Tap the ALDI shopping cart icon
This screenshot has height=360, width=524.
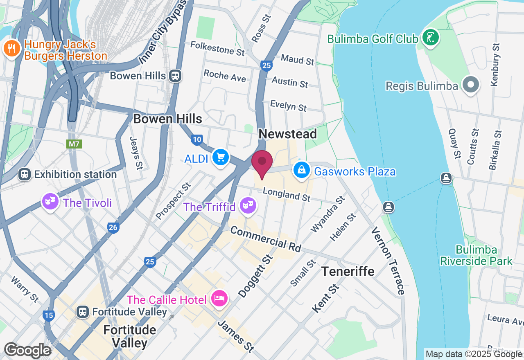tap(221, 157)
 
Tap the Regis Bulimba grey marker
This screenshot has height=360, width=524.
tap(470, 85)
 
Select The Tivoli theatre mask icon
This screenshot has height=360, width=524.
tap(50, 202)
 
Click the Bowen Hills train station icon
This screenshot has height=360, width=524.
tap(176, 76)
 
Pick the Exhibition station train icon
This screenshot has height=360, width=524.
tap(25, 175)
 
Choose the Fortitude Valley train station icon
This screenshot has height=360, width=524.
tap(83, 312)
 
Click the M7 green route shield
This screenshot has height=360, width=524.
tap(74, 144)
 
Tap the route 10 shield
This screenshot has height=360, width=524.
tap(197, 140)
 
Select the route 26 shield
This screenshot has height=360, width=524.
tap(113, 227)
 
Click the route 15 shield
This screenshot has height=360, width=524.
tap(49, 315)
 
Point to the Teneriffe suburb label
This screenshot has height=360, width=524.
tap(348, 271)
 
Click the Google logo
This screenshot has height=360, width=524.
tap(27, 351)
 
